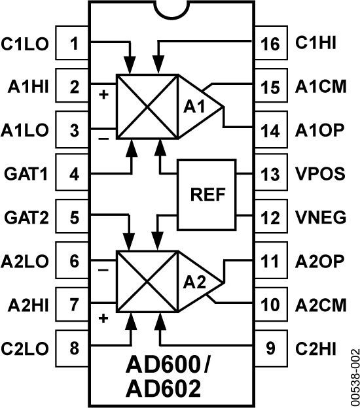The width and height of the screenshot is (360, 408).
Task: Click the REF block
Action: (x=207, y=194)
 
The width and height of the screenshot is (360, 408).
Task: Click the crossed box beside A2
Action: (x=147, y=281)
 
